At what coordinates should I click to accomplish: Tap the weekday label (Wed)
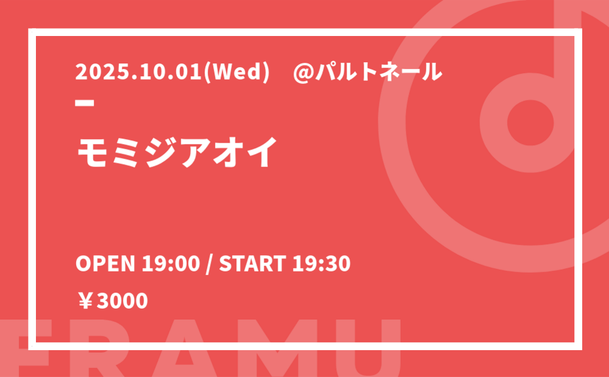[236, 72]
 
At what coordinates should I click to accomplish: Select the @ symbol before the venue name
[303, 73]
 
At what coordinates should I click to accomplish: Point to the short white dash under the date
[85, 102]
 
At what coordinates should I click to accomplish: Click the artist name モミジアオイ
[177, 152]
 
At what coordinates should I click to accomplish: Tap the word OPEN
[105, 264]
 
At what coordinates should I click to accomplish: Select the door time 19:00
[171, 264]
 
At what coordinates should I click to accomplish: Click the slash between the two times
[209, 264]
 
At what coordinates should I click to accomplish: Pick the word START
[253, 264]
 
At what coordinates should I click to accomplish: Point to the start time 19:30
[321, 264]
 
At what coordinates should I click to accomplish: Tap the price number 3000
[122, 301]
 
